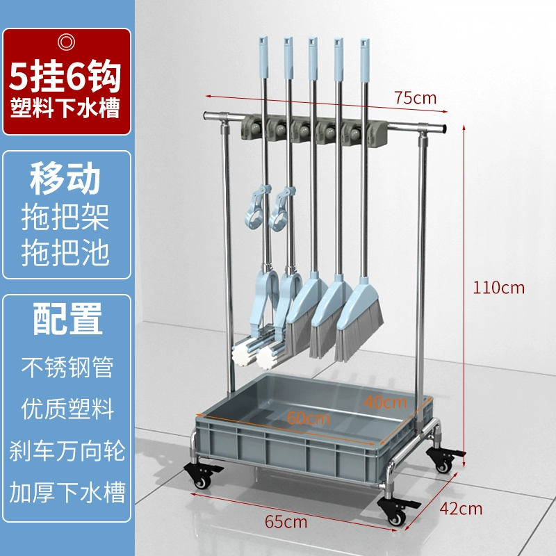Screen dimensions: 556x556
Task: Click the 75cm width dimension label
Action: pos(415,97)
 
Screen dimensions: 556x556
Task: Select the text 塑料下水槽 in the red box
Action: pos(67,110)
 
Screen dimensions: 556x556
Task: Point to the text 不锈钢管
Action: pos(67,368)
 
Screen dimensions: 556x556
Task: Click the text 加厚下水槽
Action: pos(67,493)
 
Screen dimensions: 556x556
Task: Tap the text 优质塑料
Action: pos(67,409)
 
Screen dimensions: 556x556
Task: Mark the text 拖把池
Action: pos(67,253)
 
